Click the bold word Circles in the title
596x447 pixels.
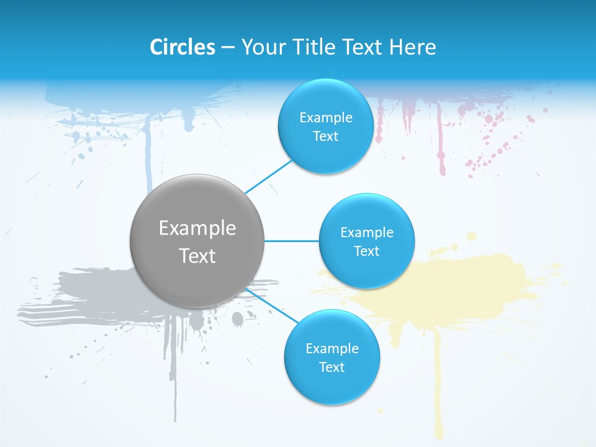[182, 47]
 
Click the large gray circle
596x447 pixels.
[197, 241]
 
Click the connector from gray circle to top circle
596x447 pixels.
[268, 176]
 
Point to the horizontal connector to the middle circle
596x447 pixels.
[291, 241]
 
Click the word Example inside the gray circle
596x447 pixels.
[197, 228]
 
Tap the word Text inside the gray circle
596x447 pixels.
[197, 256]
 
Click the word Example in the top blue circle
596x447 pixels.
[325, 118]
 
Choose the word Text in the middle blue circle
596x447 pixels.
[366, 251]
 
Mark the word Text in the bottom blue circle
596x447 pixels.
[332, 368]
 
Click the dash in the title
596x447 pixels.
[228, 48]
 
